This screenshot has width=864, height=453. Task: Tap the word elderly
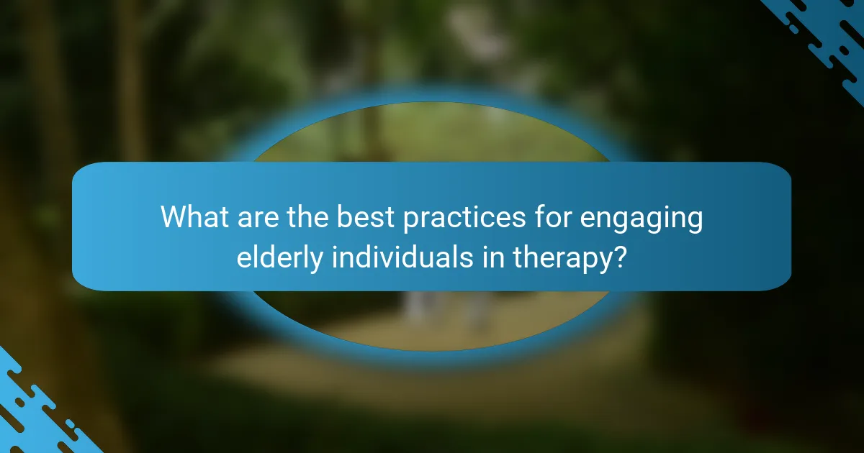280,258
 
